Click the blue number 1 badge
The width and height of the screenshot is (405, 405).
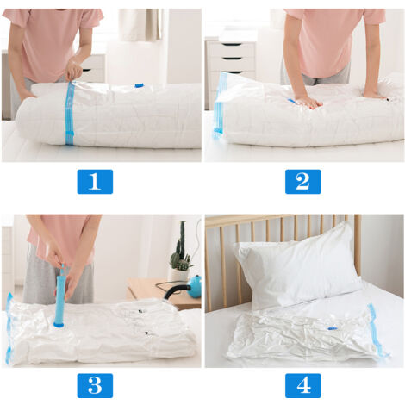pyautogui.click(x=95, y=182)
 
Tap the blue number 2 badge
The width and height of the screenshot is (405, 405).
pyautogui.click(x=302, y=182)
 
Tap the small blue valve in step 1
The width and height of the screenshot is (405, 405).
pyautogui.click(x=139, y=85)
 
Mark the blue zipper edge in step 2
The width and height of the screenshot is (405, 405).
pyautogui.click(x=221, y=103)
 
